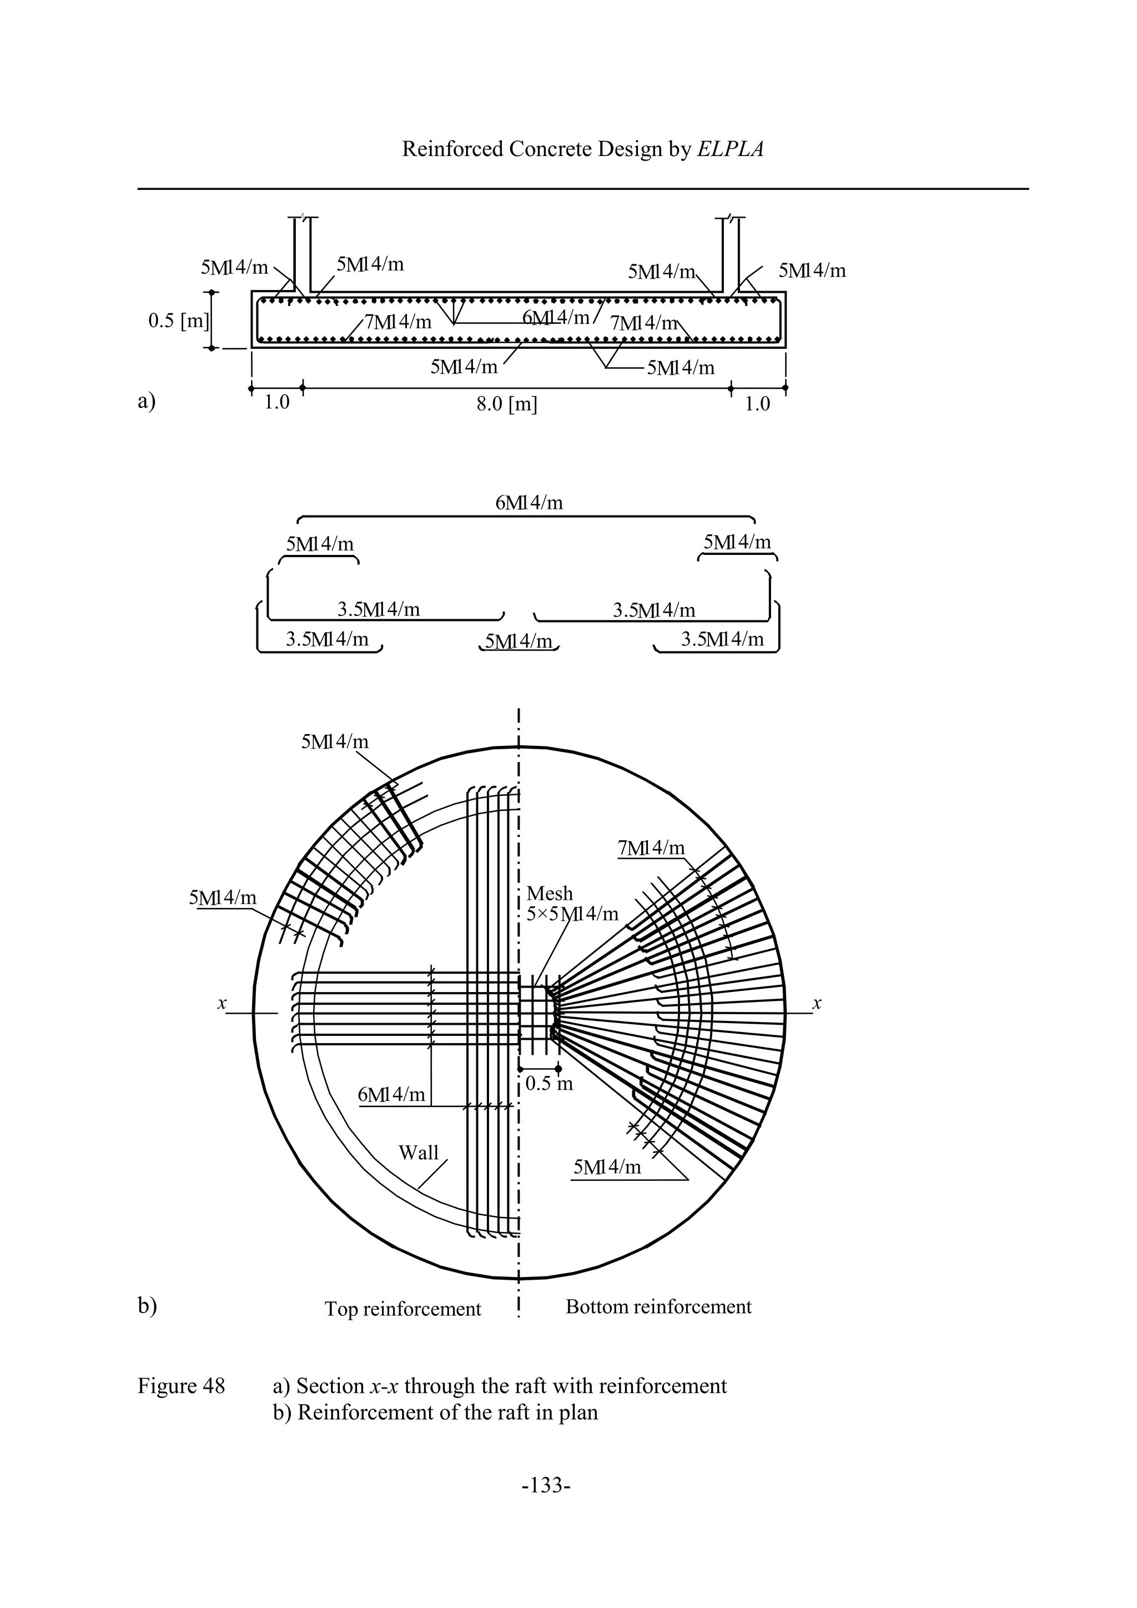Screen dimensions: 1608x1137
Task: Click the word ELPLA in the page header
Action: click(730, 149)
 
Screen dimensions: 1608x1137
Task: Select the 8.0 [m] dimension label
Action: click(507, 404)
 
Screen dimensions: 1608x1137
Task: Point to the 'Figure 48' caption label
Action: click(182, 1386)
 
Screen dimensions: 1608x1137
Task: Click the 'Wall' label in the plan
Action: click(418, 1152)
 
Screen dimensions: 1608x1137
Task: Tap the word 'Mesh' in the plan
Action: click(550, 894)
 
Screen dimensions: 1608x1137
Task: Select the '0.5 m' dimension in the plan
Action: click(549, 1084)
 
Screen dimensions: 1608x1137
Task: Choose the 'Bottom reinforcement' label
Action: click(658, 1306)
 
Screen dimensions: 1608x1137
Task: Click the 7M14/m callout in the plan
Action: click(651, 848)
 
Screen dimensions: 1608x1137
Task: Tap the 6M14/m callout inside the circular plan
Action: click(391, 1094)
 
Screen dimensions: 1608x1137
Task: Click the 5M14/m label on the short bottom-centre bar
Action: click(519, 641)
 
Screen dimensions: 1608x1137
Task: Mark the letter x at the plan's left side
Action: click(222, 1004)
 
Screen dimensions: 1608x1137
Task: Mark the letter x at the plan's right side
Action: click(816, 1004)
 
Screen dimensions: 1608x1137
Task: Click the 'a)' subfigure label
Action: click(147, 400)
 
